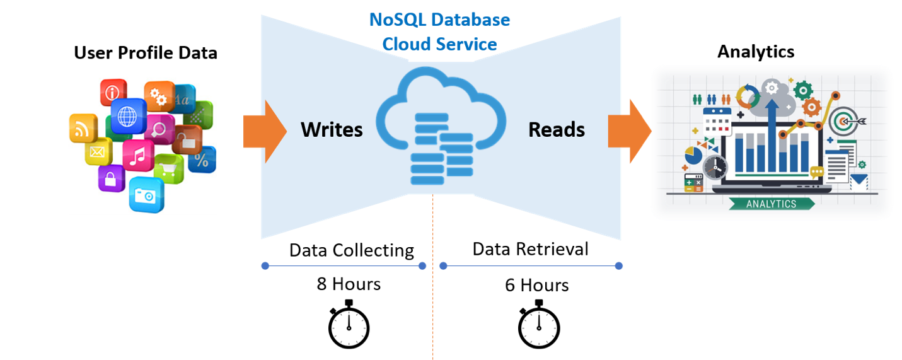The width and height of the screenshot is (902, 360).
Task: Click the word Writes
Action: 332,130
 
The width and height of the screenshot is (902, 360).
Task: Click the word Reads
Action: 557,130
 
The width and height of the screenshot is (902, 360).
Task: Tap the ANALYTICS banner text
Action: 771,204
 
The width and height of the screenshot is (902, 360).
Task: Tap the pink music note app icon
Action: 137,155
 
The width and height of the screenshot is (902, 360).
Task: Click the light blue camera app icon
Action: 147,195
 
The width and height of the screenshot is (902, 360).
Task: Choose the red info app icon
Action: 113,93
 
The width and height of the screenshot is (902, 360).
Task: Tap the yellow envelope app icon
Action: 98,151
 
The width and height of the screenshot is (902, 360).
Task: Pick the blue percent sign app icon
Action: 201,160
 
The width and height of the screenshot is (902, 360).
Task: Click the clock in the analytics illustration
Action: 715,167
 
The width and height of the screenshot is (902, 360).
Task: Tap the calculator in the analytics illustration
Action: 693,183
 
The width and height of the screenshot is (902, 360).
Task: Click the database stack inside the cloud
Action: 441,149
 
